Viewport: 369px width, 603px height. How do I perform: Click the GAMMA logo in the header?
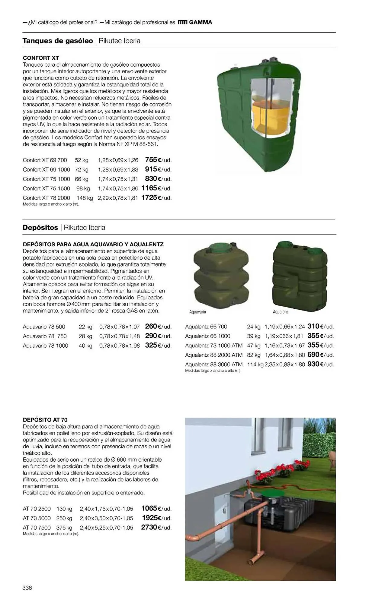click(x=195, y=22)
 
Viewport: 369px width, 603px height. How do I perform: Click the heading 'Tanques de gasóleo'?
click(x=58, y=41)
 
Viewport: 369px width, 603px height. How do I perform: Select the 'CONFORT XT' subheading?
click(x=41, y=58)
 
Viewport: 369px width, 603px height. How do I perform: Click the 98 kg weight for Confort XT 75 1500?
click(x=83, y=188)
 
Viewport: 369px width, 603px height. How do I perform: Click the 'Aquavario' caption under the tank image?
click(x=197, y=312)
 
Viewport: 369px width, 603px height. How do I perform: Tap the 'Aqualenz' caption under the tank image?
click(x=281, y=312)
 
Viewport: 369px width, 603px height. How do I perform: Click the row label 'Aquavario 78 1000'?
click(x=45, y=346)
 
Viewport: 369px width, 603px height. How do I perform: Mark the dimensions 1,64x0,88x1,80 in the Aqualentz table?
click(x=285, y=355)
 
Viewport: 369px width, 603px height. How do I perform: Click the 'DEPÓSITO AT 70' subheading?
click(x=45, y=420)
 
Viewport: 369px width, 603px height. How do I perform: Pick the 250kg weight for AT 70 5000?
click(x=64, y=518)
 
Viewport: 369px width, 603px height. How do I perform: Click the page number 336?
click(x=27, y=588)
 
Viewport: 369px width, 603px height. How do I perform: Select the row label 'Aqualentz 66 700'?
click(x=206, y=327)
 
